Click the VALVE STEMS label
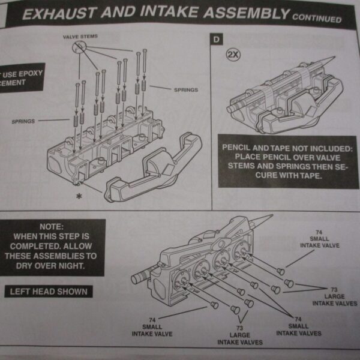tap(80, 37)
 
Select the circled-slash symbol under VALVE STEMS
tap(77, 47)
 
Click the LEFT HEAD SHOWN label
tap(49, 292)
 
